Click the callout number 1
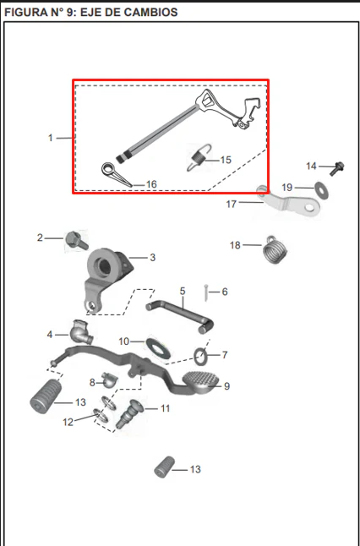tap(51, 139)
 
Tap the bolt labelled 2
tap(77, 240)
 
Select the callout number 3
tap(152, 258)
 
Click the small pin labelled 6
tap(206, 293)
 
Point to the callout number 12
tap(68, 422)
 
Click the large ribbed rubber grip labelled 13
tap(46, 396)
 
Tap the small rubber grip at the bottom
tap(164, 467)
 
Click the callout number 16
tap(151, 184)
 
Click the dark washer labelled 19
tap(322, 190)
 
